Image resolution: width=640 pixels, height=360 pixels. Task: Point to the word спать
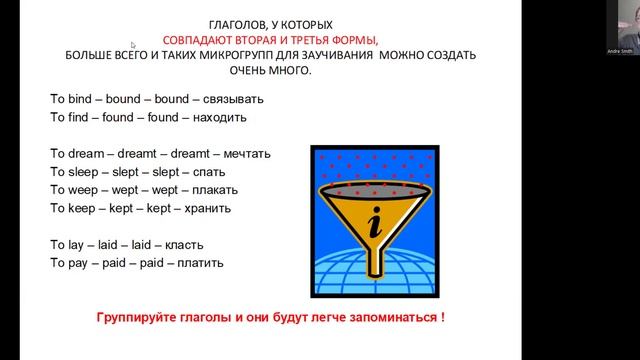click(x=215, y=172)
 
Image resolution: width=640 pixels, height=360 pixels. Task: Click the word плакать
click(x=225, y=190)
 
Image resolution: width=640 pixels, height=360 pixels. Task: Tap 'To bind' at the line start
click(x=70, y=99)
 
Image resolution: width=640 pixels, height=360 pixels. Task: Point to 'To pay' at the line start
click(x=69, y=262)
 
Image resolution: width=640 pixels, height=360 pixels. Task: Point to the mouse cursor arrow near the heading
click(x=134, y=45)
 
